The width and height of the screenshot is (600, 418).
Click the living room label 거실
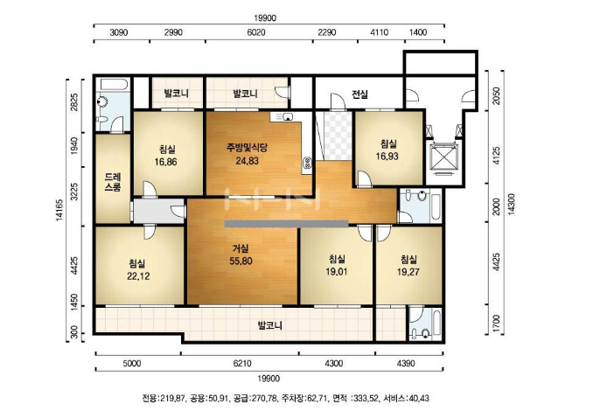click(241, 248)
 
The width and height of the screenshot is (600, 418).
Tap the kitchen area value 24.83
click(247, 161)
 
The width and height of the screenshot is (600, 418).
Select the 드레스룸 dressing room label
click(113, 182)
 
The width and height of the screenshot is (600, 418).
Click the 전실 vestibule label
click(359, 94)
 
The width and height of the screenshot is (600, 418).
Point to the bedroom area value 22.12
click(138, 276)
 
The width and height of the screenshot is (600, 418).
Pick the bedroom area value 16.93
click(387, 156)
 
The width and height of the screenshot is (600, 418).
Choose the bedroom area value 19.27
click(408, 272)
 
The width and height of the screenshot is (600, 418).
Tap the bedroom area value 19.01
click(337, 272)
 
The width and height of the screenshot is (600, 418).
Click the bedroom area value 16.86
click(165, 162)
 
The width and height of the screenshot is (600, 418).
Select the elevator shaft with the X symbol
click(444, 157)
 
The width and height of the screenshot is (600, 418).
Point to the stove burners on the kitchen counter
click(307, 164)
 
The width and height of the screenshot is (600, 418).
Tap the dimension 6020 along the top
click(256, 32)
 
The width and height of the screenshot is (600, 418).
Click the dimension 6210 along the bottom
click(242, 363)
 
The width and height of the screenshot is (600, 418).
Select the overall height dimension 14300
click(511, 205)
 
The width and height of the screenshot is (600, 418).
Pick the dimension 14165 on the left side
click(59, 210)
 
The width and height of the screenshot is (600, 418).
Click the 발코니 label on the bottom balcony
click(270, 326)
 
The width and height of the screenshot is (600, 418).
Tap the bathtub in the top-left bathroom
click(114, 85)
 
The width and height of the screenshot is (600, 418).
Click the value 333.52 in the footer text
click(365, 399)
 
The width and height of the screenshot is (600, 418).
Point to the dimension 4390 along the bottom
click(406, 363)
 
